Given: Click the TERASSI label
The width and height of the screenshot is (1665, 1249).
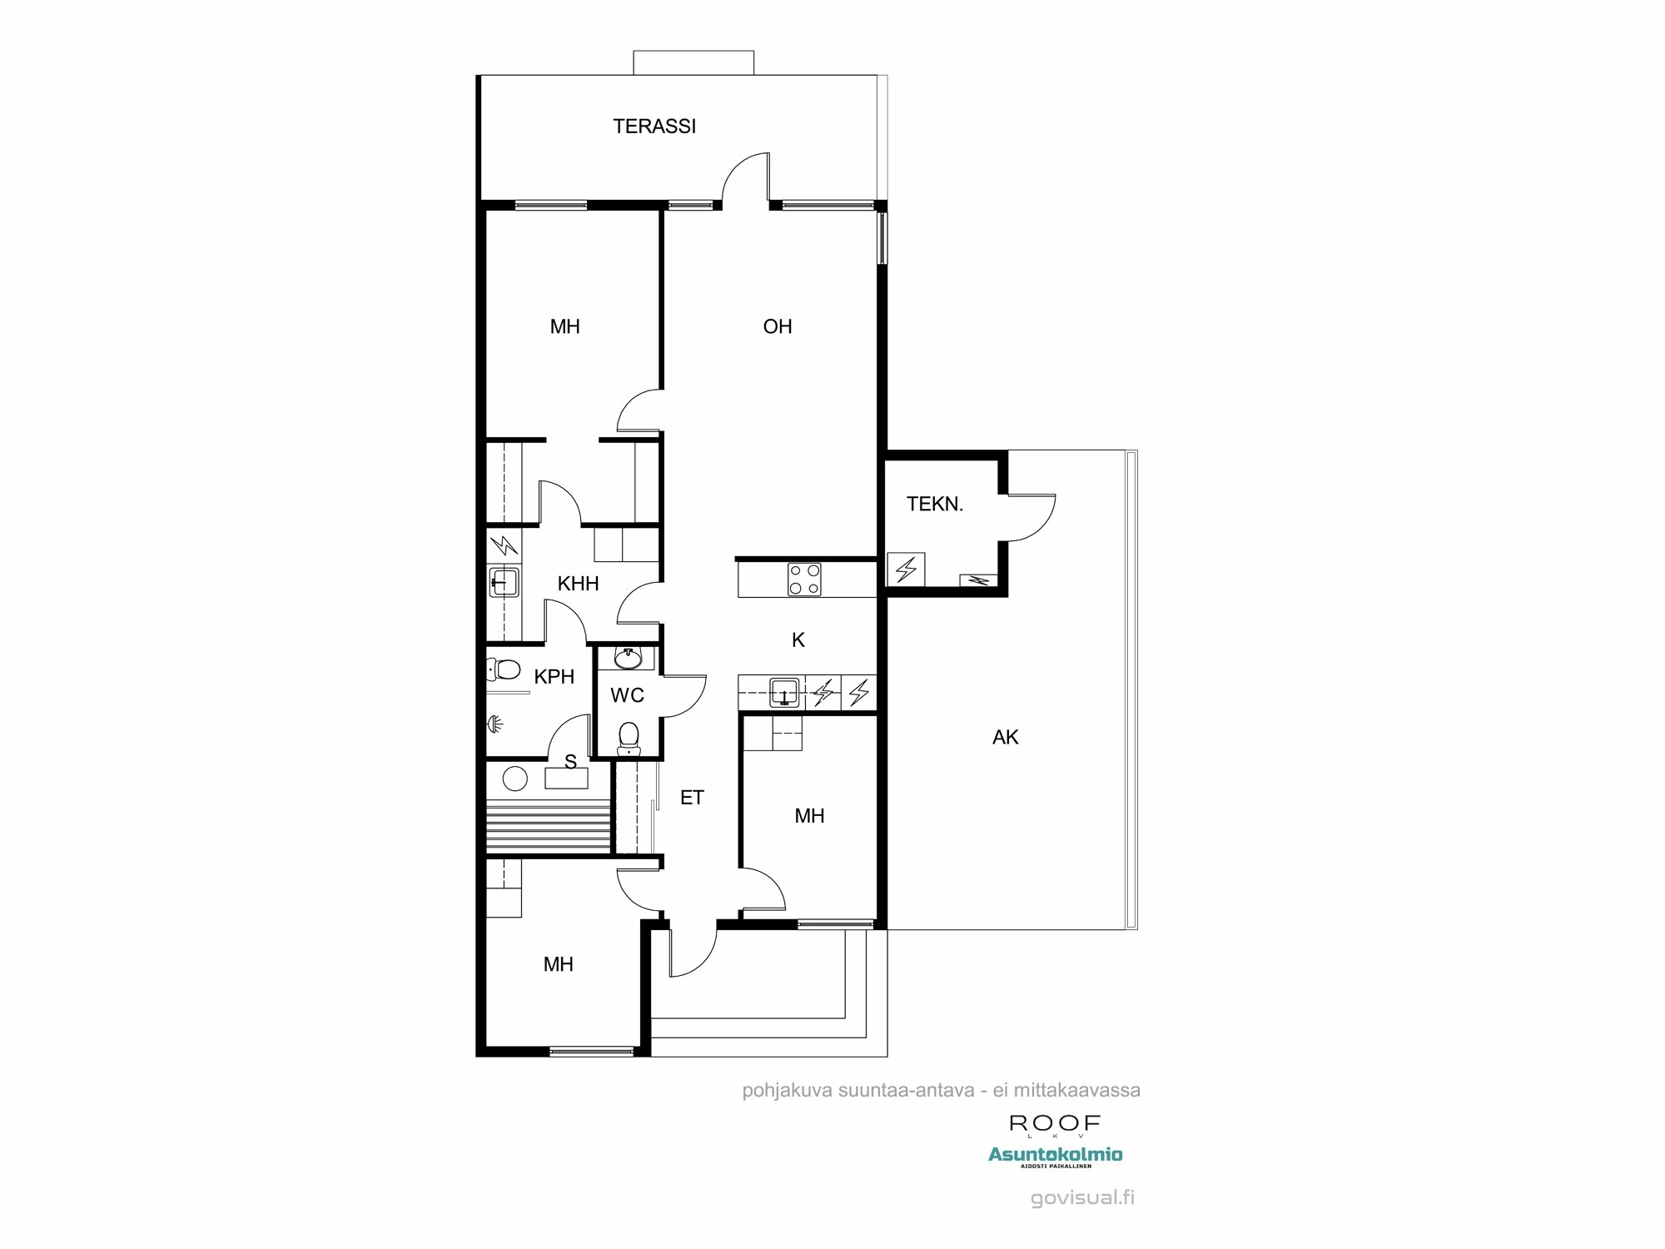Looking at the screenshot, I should pyautogui.click(x=654, y=126).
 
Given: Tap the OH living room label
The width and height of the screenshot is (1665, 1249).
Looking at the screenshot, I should pyautogui.click(x=777, y=326).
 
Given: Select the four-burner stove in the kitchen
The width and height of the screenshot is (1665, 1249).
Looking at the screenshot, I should pyautogui.click(x=804, y=580).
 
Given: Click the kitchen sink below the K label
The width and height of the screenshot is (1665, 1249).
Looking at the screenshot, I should pyautogui.click(x=784, y=692).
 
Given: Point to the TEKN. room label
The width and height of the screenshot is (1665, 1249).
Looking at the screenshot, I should pyautogui.click(x=934, y=504).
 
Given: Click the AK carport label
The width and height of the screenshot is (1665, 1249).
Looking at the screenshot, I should pyautogui.click(x=1005, y=737).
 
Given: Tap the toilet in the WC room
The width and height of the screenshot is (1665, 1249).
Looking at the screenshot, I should pyautogui.click(x=629, y=738).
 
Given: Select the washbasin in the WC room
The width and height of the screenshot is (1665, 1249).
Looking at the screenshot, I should pyautogui.click(x=628, y=659).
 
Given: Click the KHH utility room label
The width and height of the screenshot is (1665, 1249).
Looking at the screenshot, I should pyautogui.click(x=578, y=584).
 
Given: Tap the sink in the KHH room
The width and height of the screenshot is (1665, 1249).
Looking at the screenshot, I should pyautogui.click(x=504, y=581).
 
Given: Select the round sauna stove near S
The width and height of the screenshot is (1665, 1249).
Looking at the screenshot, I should pyautogui.click(x=515, y=779).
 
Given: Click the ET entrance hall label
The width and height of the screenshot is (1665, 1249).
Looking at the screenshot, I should pyautogui.click(x=692, y=798).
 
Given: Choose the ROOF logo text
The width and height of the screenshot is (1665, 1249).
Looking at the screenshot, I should pyautogui.click(x=1055, y=1123).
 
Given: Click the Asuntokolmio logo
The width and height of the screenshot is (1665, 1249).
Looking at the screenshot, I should pyautogui.click(x=1055, y=1155).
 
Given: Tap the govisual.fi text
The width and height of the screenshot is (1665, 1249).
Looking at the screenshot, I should pyautogui.click(x=1082, y=1198).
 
